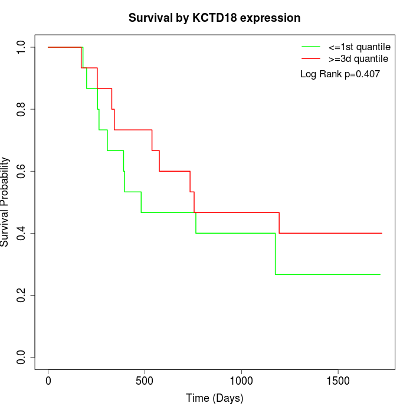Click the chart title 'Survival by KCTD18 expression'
point(215,18)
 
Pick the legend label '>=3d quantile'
point(358,58)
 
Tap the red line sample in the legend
point(312,58)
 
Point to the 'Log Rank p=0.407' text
point(340,74)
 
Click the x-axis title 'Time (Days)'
point(215,398)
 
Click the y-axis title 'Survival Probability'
point(5,202)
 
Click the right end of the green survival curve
point(380,274)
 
